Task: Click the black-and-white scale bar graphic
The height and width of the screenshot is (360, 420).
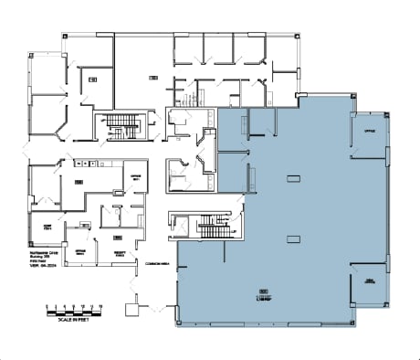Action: point(75,311)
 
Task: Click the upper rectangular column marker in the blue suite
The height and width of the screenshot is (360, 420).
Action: point(292,176)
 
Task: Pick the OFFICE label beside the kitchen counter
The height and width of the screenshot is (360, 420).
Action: point(135,176)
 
